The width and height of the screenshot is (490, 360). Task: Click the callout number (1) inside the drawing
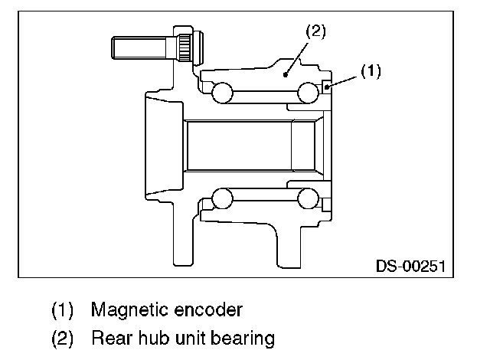(371, 71)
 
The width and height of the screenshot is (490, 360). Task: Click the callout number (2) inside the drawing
(316, 32)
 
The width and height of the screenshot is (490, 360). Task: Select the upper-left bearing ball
(222, 93)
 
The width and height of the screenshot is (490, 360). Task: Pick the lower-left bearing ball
(222, 198)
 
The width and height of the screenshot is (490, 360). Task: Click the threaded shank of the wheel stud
(138, 47)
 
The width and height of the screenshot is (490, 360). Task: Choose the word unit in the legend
(187, 337)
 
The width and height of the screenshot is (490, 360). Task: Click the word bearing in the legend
(242, 338)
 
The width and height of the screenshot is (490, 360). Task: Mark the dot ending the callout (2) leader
(286, 74)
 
